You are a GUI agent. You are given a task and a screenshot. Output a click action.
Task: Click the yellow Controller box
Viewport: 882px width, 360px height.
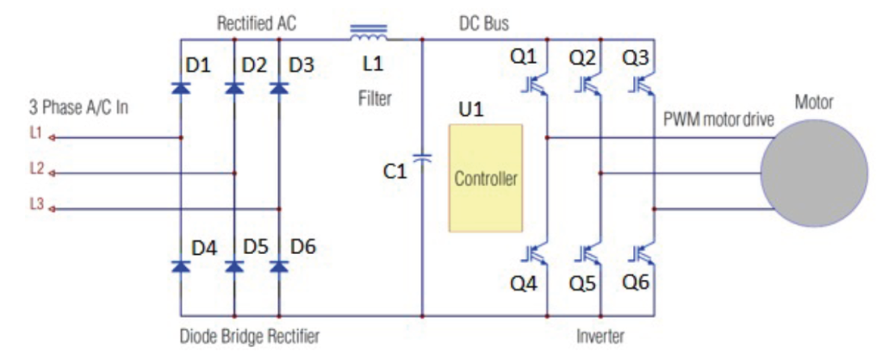[x=485, y=178]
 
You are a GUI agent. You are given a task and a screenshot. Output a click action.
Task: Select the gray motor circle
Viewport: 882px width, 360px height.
[x=813, y=173]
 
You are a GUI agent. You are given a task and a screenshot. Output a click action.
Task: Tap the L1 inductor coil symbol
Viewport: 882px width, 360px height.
[x=369, y=35]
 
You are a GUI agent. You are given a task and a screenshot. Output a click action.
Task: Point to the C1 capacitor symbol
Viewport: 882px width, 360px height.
[x=422, y=158]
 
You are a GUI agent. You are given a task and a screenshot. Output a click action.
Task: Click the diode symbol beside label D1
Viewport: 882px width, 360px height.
[x=181, y=88]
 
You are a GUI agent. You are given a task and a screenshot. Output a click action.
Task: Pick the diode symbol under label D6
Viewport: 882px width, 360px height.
[x=279, y=266]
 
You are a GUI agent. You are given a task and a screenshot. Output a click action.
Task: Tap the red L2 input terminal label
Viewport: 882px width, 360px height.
[x=35, y=170]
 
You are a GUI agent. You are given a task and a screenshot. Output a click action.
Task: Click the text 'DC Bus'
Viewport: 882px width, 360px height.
[x=484, y=23]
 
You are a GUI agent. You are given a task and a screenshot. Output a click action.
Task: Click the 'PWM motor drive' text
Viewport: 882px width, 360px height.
[x=718, y=121]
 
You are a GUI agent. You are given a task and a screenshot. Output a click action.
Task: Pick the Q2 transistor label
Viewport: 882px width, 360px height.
[x=584, y=59]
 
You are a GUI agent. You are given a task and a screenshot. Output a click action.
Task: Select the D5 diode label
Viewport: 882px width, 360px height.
[x=254, y=247]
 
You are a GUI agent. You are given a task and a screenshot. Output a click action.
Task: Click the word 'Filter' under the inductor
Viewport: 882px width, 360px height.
[x=375, y=99]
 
